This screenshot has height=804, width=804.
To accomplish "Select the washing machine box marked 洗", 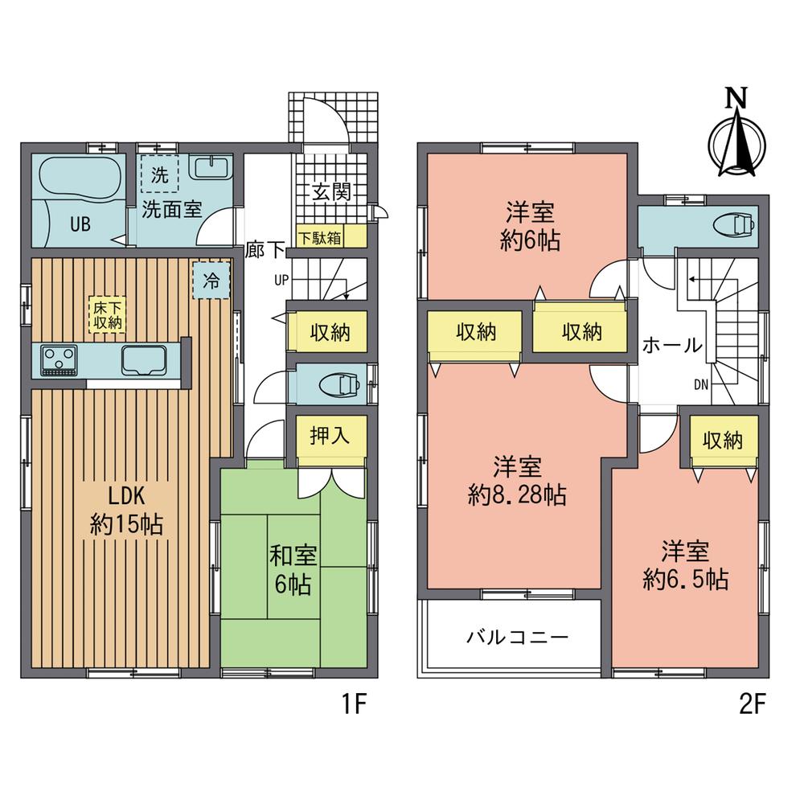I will [160, 175].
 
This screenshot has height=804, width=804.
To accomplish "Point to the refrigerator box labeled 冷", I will [211, 281].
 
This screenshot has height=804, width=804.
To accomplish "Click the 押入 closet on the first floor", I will [330, 437].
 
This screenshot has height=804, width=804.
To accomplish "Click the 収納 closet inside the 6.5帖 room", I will [721, 441].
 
